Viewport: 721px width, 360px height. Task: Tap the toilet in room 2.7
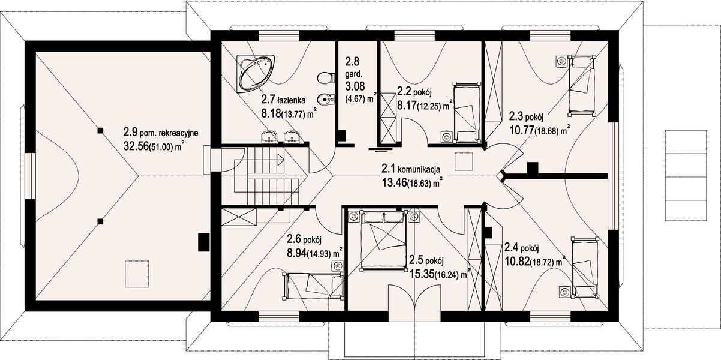tap(326, 78)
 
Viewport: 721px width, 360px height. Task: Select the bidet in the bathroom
tap(326, 99)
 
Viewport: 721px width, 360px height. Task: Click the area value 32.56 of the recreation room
tap(136, 146)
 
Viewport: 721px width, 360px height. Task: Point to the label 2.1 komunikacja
tap(411, 169)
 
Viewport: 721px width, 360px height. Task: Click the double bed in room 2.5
tap(384, 239)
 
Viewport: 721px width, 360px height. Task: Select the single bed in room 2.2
tap(466, 113)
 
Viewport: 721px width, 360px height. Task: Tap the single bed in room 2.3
tap(582, 85)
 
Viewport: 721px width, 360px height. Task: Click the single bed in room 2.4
tap(585, 267)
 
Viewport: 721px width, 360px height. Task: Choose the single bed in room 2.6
tap(313, 286)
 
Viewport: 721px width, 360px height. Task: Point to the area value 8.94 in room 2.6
tap(296, 253)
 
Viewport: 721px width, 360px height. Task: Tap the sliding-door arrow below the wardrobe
tap(380, 149)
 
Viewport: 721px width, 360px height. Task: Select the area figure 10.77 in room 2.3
tap(521, 130)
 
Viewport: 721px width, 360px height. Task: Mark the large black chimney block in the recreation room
tap(203, 242)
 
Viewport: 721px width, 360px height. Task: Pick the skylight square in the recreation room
tap(137, 274)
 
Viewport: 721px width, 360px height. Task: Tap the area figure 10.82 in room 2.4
tap(516, 262)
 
